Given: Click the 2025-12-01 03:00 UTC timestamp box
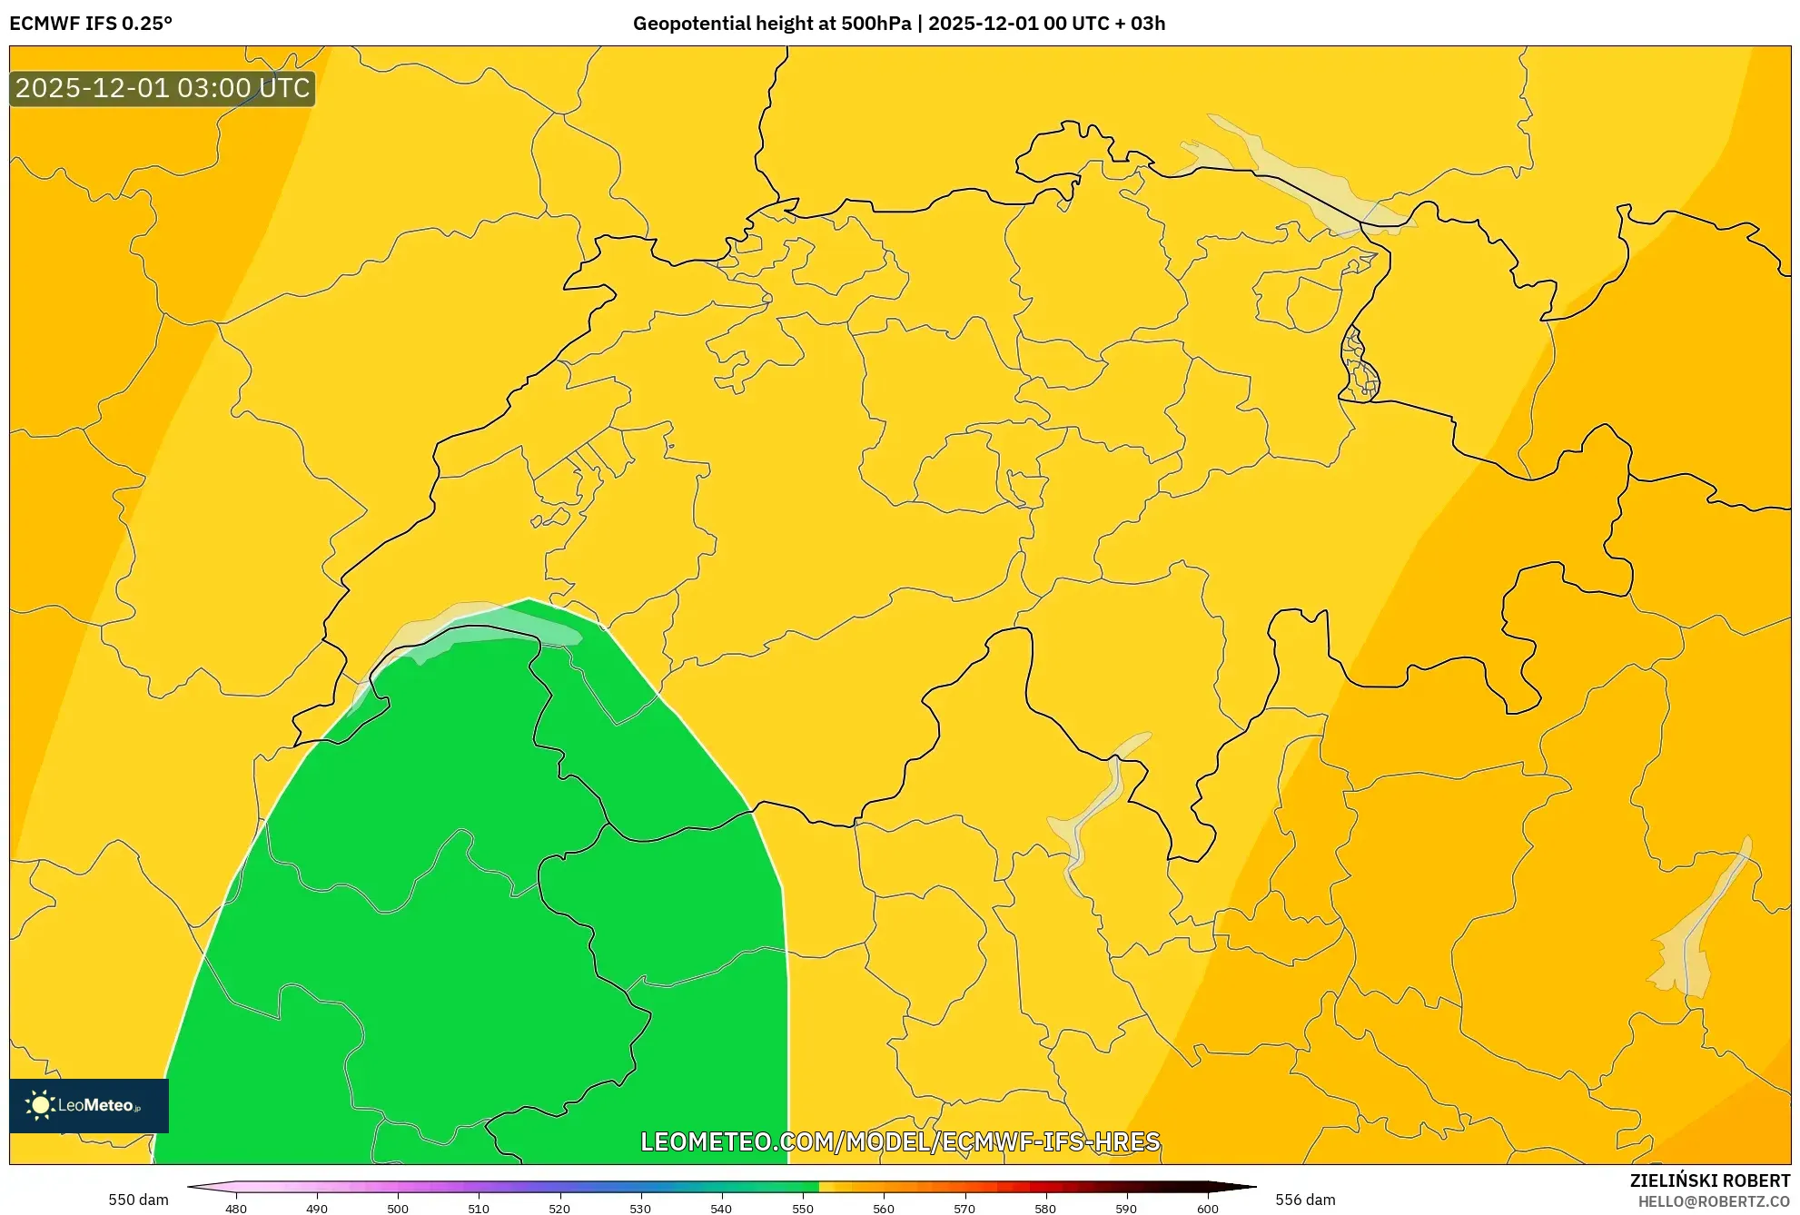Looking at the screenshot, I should (x=163, y=88).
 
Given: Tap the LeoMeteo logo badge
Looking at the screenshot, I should (x=89, y=1105).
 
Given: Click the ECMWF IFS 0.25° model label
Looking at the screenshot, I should (x=91, y=24).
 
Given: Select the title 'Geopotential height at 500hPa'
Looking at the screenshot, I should (x=771, y=24).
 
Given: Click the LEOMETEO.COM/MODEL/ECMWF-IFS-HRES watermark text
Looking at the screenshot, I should (x=900, y=1141).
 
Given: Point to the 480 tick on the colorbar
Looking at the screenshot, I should (x=236, y=1208).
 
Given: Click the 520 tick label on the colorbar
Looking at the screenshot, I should (x=559, y=1209).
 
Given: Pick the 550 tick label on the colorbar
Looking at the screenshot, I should (x=803, y=1209).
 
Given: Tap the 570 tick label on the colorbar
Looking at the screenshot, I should (x=964, y=1209).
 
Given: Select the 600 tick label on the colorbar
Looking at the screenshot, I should (x=1207, y=1209).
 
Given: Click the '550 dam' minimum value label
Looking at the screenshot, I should (x=138, y=1200).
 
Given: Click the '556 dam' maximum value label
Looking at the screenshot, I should (x=1305, y=1200).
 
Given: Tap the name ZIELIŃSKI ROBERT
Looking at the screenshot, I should (x=1710, y=1180).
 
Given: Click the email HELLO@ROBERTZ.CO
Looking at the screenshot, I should (x=1714, y=1201).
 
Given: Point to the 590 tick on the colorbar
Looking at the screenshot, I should (x=1126, y=1208).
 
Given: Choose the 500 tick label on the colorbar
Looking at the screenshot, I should (x=398, y=1209).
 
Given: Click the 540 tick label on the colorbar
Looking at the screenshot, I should (x=721, y=1209).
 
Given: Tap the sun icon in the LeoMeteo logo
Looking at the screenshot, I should (x=40, y=1105).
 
